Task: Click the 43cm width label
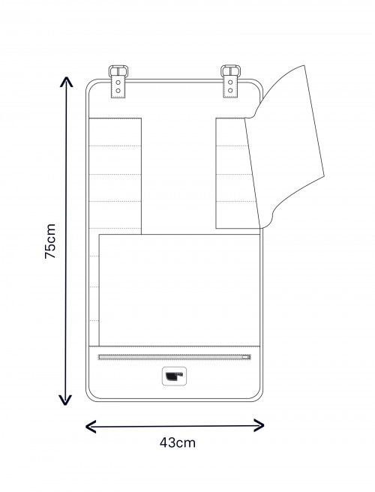(x=178, y=442)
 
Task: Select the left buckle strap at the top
(x=119, y=82)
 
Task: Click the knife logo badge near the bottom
(x=175, y=377)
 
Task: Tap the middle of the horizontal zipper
(x=174, y=358)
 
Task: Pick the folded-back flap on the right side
(x=289, y=142)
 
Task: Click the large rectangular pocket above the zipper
(x=180, y=289)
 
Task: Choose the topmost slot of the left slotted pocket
(x=115, y=131)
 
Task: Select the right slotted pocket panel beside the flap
(x=230, y=172)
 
